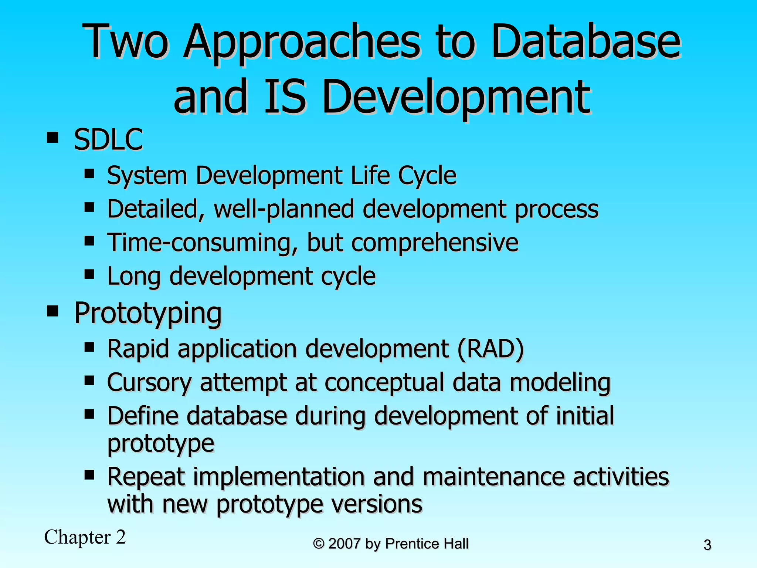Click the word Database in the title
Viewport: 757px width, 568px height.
585,41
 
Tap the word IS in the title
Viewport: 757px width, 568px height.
285,97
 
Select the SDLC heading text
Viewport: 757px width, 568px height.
108,139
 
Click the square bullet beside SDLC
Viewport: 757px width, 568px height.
53,138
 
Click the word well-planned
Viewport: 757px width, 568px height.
284,209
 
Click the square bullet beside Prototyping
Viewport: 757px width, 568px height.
53,311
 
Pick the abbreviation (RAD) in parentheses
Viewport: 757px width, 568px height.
490,349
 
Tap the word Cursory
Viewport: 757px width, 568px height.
149,382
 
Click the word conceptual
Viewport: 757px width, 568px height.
384,382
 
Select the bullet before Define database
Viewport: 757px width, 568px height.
89,414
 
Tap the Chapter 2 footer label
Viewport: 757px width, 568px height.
85,537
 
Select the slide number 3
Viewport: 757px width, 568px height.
707,545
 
